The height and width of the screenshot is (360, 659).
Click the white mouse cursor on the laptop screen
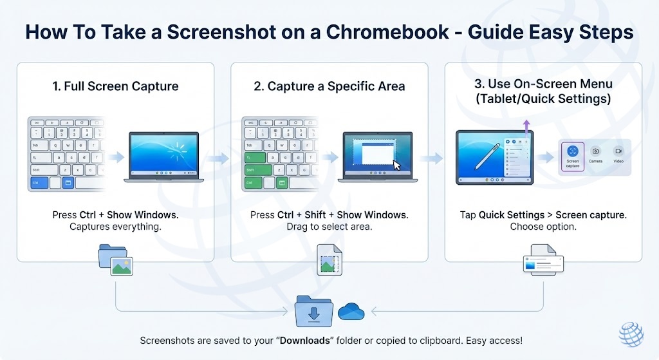(x=396, y=165)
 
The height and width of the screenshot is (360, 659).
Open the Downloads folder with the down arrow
(x=314, y=312)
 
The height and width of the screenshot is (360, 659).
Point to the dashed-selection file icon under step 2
(x=329, y=260)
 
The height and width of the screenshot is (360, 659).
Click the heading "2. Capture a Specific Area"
(x=329, y=86)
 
